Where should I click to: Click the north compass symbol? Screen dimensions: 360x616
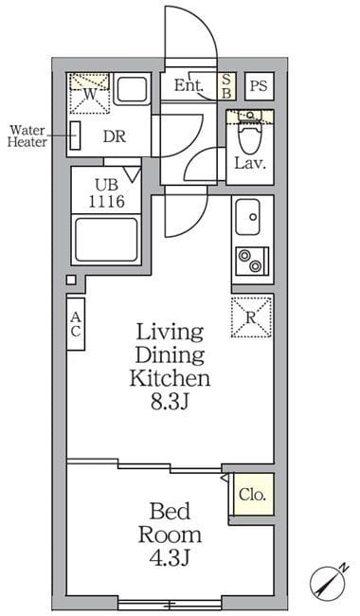329,582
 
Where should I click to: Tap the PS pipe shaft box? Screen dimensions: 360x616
259,85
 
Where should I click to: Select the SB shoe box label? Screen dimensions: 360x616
226,85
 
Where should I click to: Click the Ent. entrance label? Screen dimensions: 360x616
189,85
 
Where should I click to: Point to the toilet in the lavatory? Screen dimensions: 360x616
250,134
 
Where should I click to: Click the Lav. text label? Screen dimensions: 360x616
250,163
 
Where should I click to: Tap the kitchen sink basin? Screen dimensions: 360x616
247,217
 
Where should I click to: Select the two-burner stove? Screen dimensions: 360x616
252,260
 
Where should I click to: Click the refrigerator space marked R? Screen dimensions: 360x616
251,317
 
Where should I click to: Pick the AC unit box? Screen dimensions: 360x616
76,324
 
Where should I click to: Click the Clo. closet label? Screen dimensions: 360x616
252,495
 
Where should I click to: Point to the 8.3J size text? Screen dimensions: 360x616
171,402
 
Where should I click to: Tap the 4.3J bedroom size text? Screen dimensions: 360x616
170,557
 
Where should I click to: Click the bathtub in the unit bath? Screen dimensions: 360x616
106,240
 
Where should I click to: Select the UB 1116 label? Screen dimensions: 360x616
106,193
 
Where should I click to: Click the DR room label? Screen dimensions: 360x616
115,136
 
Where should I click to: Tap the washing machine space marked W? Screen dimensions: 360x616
89,94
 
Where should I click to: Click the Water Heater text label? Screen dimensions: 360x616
27,136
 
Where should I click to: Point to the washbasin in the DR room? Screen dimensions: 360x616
133,90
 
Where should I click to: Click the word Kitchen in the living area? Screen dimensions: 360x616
170,378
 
